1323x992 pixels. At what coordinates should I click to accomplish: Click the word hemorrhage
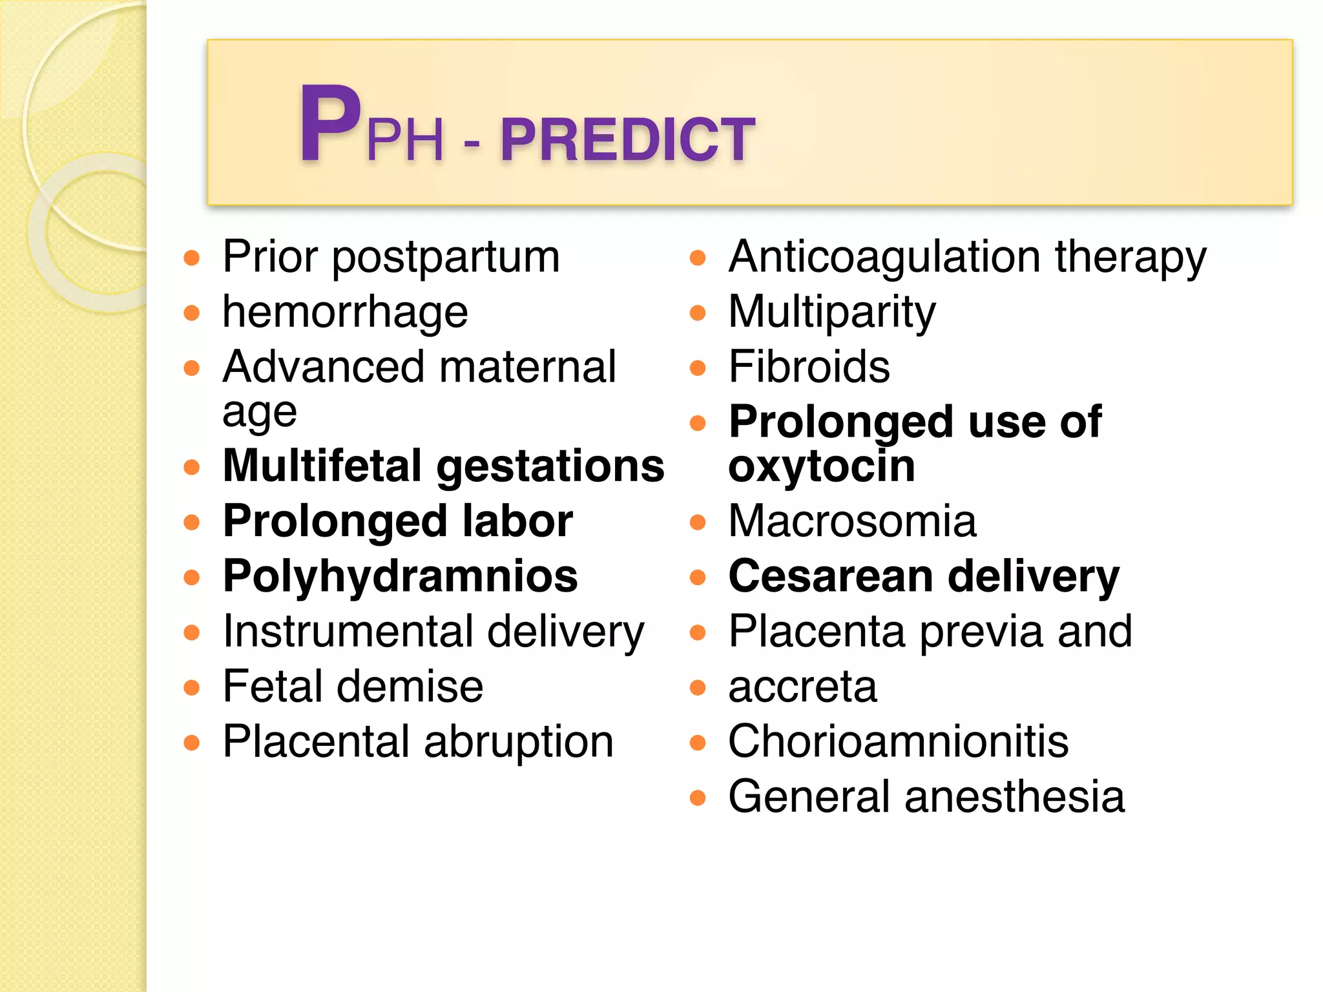pos(345,313)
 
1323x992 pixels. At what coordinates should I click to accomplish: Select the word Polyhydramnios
pos(400,577)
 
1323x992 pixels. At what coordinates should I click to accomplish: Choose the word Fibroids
pos(809,367)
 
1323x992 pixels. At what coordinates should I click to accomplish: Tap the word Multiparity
pos(831,313)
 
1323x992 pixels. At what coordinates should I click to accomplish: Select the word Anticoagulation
pos(884,257)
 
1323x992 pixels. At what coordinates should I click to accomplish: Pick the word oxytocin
pos(821,466)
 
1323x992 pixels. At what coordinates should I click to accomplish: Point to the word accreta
pos(802,687)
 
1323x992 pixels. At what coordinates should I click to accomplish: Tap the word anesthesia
pos(1014,796)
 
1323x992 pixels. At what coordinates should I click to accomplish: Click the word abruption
pos(519,742)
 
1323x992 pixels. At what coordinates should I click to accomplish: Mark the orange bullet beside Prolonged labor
pos(192,522)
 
